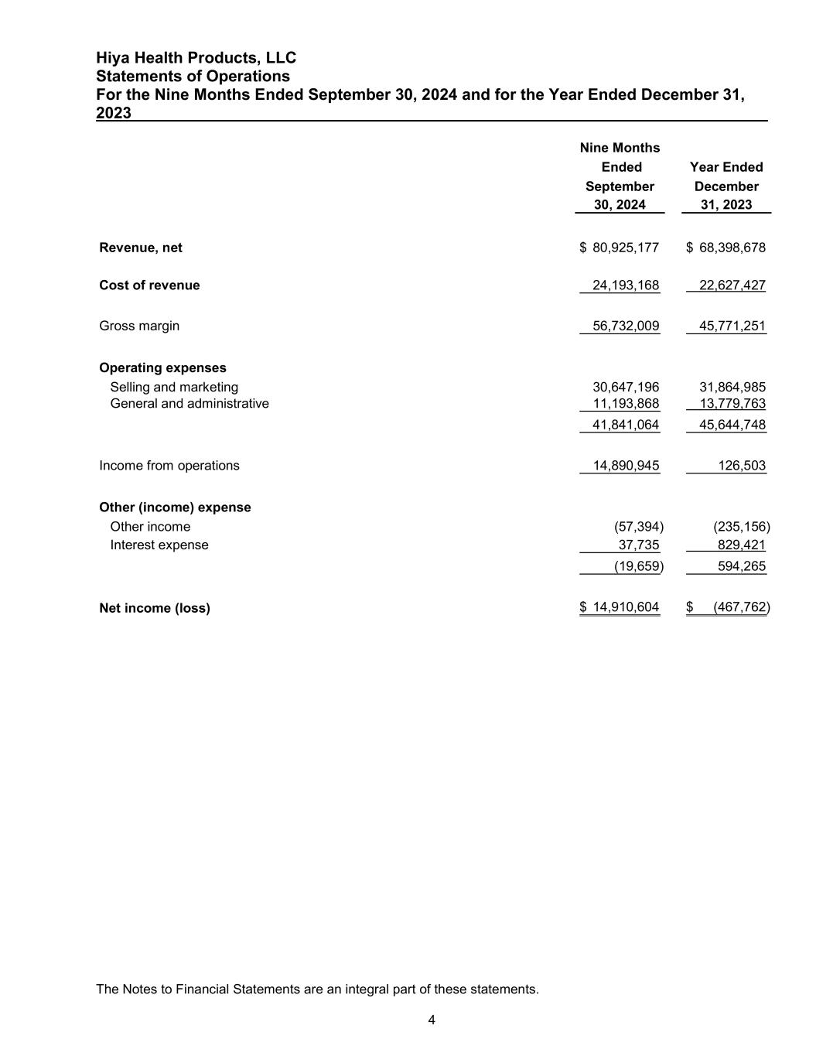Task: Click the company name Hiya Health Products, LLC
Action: tap(196, 58)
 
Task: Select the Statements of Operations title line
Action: tap(193, 76)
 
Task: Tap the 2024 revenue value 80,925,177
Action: tap(625, 248)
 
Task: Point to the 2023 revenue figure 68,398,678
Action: tap(732, 248)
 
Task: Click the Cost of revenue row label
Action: tap(149, 285)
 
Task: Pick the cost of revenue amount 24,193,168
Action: tap(625, 285)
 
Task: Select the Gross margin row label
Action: tap(139, 326)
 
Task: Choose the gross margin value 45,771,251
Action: tap(732, 326)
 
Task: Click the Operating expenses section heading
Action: tap(162, 367)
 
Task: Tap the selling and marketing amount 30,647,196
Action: tap(625, 387)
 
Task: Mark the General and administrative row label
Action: tap(189, 403)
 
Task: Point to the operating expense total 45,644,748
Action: tap(732, 425)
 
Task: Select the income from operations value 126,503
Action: tap(742, 466)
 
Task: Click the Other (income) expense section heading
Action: tap(175, 507)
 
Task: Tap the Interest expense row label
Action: tap(159, 545)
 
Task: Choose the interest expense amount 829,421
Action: tap(742, 545)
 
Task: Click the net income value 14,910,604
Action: tap(625, 608)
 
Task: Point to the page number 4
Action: tap(432, 1020)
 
